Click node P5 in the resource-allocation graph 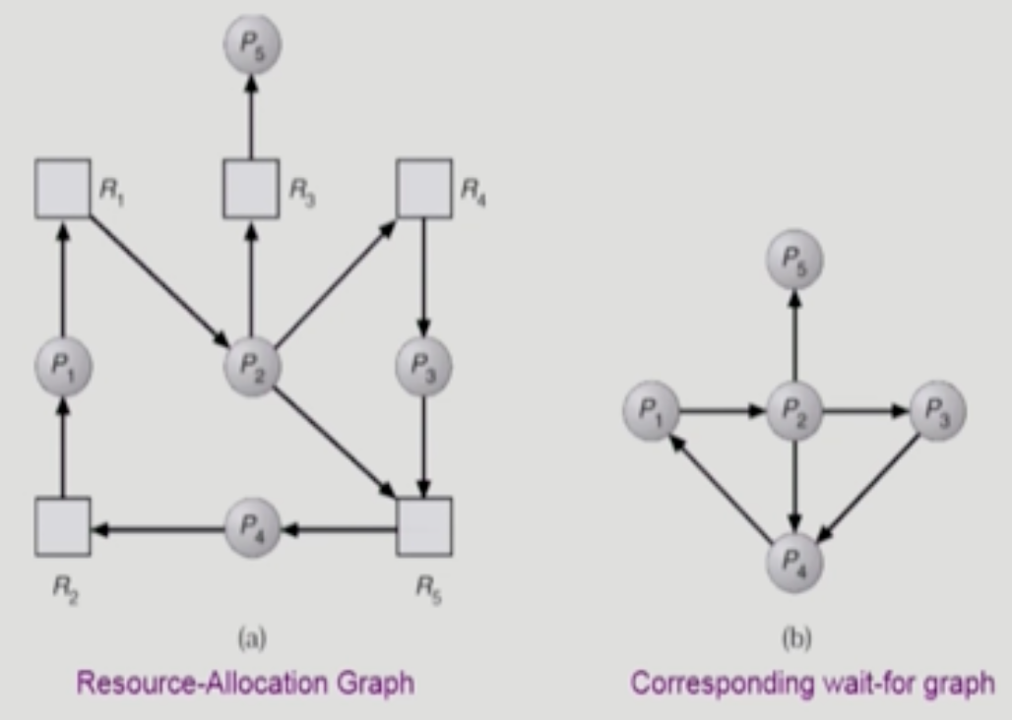pyautogui.click(x=252, y=44)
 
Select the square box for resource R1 pyautogui.click(x=62, y=188)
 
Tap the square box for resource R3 pyautogui.click(x=250, y=188)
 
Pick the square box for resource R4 pyautogui.click(x=424, y=188)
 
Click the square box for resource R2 pyautogui.click(x=62, y=526)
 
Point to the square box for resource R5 pyautogui.click(x=424, y=526)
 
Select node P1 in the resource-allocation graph pyautogui.click(x=62, y=366)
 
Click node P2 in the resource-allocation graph pyautogui.click(x=252, y=366)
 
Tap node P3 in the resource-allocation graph pyautogui.click(x=423, y=366)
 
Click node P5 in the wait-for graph pyautogui.click(x=794, y=261)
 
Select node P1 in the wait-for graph pyautogui.click(x=651, y=411)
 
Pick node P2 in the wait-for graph pyautogui.click(x=794, y=411)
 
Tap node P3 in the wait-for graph pyautogui.click(x=937, y=411)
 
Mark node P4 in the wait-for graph pyautogui.click(x=794, y=562)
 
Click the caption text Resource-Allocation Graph pyautogui.click(x=245, y=683)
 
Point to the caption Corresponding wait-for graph pyautogui.click(x=812, y=683)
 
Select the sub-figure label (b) pyautogui.click(x=795, y=639)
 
